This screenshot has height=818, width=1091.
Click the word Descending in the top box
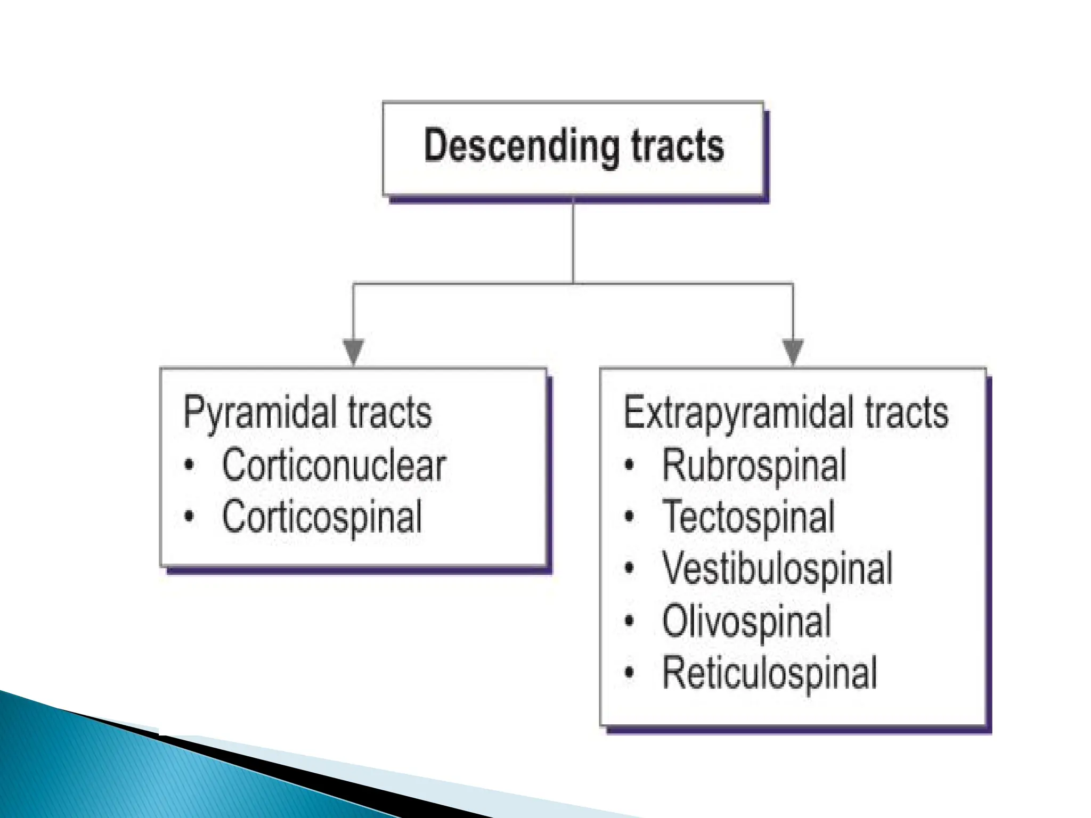tap(521, 146)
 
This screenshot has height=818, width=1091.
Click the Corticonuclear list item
tap(333, 465)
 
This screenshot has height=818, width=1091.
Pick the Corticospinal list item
tap(322, 517)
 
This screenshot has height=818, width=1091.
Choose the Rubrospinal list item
tap(754, 465)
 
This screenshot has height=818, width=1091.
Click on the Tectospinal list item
tap(748, 517)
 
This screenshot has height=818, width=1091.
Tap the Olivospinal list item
tap(746, 621)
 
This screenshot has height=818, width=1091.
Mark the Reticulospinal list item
tap(769, 673)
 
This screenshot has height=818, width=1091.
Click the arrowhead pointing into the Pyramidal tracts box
tap(353, 351)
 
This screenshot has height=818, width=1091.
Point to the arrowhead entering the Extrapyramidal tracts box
tap(793, 351)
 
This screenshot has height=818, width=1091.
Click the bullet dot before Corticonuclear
tap(189, 465)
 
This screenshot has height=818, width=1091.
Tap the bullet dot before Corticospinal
tap(189, 516)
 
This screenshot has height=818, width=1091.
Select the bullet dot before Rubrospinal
tap(629, 465)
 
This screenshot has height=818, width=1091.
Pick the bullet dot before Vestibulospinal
tap(629, 568)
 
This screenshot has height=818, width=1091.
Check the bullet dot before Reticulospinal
tap(629, 672)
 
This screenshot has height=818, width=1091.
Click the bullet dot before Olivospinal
tap(629, 620)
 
